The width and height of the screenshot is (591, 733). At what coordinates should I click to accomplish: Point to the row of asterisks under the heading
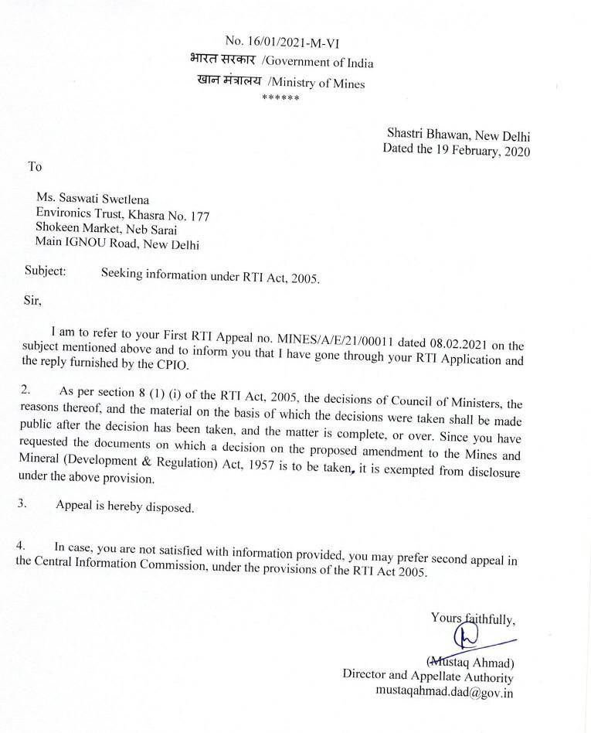point(280,97)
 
